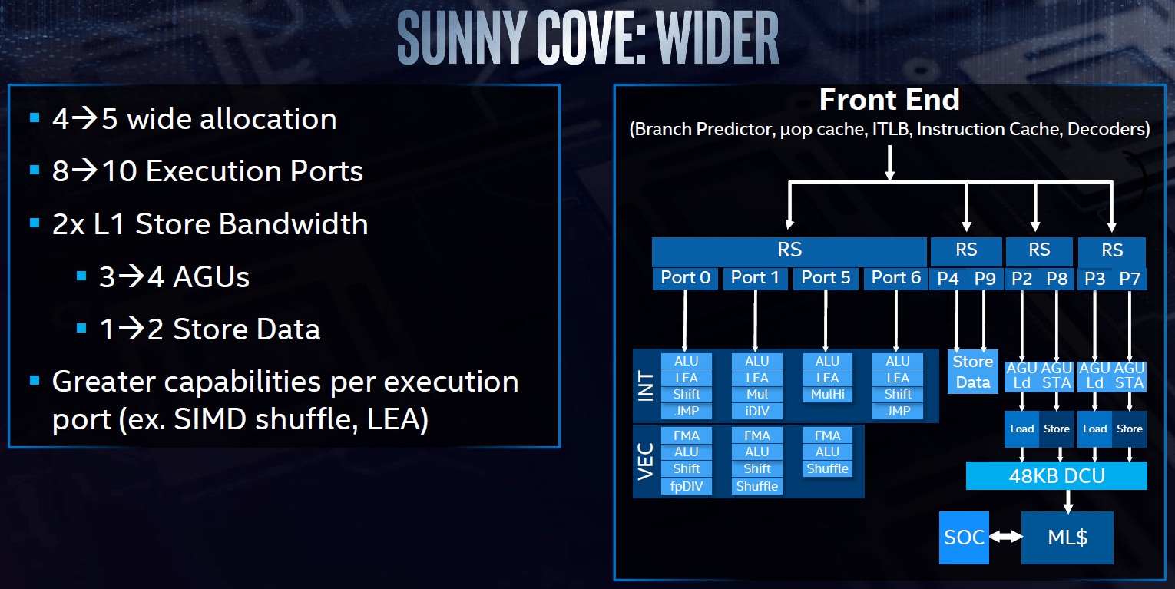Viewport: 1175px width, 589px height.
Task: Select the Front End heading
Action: tap(889, 100)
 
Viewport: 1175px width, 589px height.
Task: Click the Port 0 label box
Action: tap(685, 278)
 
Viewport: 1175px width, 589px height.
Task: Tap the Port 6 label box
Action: tap(895, 278)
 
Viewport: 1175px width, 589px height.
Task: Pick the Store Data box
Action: tap(972, 372)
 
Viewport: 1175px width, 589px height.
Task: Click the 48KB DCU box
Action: tap(1056, 476)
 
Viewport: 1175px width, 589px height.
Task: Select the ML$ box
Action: tap(1067, 538)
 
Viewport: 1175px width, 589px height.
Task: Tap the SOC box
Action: tap(964, 538)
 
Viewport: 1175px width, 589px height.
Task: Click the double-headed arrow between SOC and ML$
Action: tap(1005, 538)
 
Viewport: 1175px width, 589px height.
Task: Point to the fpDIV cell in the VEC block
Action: tap(686, 486)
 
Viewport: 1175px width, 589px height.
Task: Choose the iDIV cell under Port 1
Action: tap(756, 411)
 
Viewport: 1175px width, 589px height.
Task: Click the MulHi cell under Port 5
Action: tap(827, 395)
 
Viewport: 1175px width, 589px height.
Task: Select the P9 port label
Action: tap(985, 279)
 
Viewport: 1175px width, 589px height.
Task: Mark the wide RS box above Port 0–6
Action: tap(789, 250)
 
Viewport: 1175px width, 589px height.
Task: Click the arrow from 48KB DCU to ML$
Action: tap(1067, 501)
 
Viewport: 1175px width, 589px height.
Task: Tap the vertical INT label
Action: tap(646, 386)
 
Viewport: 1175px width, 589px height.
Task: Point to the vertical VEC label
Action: tap(646, 461)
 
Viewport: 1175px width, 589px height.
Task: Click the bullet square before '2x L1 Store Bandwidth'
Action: tap(34, 223)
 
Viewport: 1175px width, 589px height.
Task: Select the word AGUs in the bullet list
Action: tap(211, 276)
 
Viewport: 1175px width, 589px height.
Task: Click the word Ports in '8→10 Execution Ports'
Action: tap(325, 171)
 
